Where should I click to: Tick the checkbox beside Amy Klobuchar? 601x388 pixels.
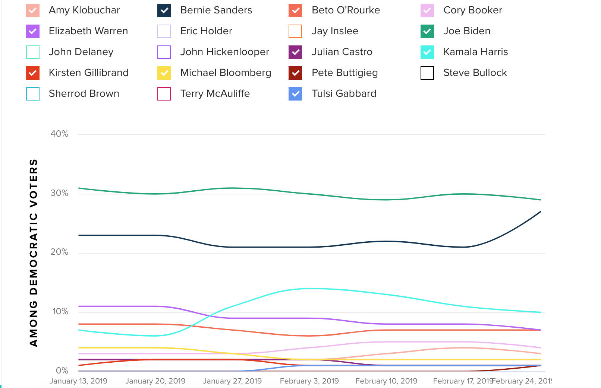[33, 10]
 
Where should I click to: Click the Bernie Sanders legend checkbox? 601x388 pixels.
[164, 10]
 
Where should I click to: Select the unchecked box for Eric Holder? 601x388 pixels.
[164, 31]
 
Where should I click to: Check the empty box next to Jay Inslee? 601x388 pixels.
[295, 31]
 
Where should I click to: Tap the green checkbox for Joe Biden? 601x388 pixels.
[427, 31]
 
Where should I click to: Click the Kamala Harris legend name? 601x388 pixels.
[475, 52]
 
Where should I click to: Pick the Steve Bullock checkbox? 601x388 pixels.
[427, 73]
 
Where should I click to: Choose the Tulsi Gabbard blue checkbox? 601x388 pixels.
[295, 94]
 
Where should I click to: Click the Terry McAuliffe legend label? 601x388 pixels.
[215, 93]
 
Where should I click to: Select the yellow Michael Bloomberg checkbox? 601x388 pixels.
[164, 73]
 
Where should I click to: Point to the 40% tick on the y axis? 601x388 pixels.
[60, 134]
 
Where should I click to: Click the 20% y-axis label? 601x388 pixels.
[60, 252]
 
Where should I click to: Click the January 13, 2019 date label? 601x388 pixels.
[78, 381]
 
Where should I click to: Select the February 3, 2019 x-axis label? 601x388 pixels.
[309, 381]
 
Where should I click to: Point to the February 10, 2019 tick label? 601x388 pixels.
[386, 381]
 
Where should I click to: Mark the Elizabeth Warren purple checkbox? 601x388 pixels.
[33, 31]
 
